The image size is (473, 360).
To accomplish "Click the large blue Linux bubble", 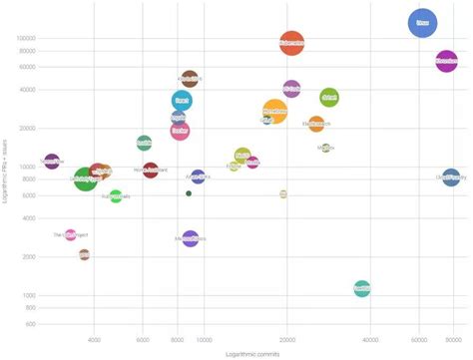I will pos(423,22).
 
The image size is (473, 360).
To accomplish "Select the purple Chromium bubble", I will pos(446,61).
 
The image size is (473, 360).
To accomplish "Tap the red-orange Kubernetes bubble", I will pos(291,43).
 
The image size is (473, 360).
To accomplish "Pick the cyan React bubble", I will pos(181,100).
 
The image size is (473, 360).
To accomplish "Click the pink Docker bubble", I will pos(180,130).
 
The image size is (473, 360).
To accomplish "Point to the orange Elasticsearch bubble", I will pos(316,125).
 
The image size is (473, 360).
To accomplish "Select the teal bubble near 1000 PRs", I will pos(362,288).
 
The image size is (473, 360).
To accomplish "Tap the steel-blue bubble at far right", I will pos(451,178).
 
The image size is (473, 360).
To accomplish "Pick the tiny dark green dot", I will pos(189,193).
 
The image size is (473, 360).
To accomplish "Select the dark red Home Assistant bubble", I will pos(151,171).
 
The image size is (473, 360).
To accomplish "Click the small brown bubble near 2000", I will pos(84,254).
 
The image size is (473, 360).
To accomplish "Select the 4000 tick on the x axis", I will pos(95,339).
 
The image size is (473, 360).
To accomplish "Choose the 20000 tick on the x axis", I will pos(285,339).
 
